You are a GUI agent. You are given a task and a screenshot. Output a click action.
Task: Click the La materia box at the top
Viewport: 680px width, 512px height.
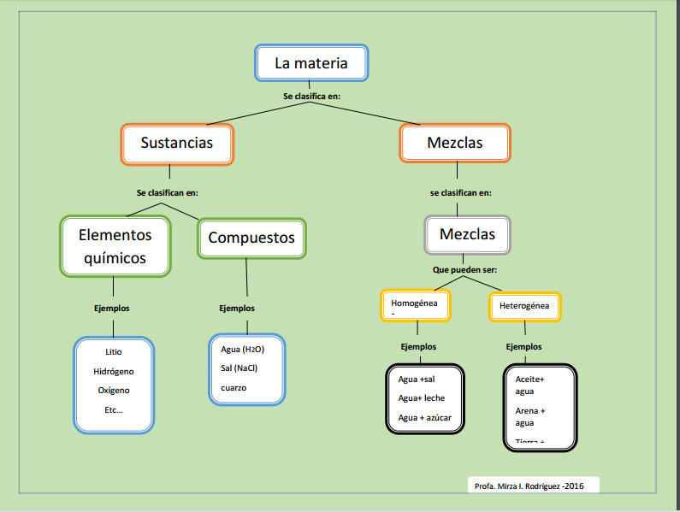click(x=312, y=63)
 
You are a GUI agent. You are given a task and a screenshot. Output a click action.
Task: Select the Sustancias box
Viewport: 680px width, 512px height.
click(x=177, y=144)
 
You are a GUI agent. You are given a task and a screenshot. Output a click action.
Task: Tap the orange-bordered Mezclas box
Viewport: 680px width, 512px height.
click(x=454, y=143)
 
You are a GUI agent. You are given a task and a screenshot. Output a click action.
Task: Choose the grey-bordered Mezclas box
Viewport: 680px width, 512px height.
click(x=467, y=234)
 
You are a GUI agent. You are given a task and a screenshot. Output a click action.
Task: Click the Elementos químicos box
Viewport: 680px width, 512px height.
click(x=115, y=246)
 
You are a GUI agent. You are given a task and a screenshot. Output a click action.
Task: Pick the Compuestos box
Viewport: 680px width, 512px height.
click(x=251, y=238)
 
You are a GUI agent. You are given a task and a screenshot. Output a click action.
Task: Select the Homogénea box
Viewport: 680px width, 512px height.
click(x=415, y=305)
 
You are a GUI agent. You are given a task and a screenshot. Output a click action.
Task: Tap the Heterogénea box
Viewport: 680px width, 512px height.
click(x=524, y=305)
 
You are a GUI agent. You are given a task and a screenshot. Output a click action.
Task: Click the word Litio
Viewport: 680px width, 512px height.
click(x=114, y=352)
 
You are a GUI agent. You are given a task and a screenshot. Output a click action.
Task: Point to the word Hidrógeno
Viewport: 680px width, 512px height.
click(x=114, y=371)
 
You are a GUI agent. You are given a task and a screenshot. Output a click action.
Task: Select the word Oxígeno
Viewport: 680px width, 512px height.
click(x=114, y=390)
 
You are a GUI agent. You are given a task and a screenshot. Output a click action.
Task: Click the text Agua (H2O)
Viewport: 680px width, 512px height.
click(x=242, y=350)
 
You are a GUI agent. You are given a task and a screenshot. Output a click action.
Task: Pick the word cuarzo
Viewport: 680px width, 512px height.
click(x=234, y=387)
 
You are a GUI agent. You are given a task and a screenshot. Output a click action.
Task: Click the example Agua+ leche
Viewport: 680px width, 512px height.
click(x=422, y=397)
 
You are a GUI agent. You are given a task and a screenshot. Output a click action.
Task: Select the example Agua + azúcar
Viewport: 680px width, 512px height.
click(x=424, y=417)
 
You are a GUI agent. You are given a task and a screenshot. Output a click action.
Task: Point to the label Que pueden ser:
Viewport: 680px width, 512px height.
click(x=464, y=270)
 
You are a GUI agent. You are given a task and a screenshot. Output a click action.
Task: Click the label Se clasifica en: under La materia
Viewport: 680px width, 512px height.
click(x=312, y=97)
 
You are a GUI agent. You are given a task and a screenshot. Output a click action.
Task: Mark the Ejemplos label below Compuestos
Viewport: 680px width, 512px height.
click(x=237, y=309)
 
